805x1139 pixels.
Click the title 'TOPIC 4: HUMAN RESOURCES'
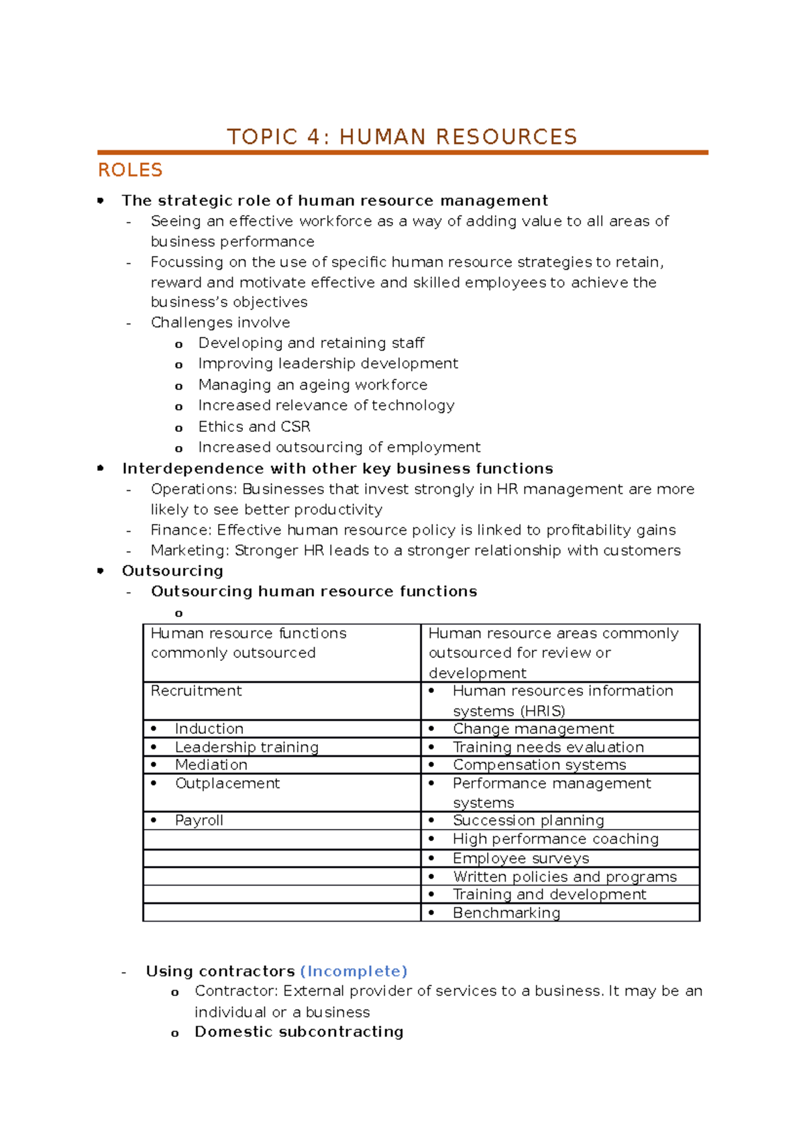click(x=402, y=137)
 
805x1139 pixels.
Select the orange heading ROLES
click(x=130, y=170)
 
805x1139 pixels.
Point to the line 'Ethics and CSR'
click(x=254, y=427)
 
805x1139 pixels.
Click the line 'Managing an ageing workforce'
click(x=313, y=385)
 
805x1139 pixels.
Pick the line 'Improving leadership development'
click(x=328, y=364)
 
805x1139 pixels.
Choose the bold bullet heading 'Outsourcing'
click(x=172, y=571)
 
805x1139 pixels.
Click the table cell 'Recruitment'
click(x=196, y=691)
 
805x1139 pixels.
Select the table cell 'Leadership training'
click(x=246, y=747)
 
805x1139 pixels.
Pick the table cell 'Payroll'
click(x=199, y=820)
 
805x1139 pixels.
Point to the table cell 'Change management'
click(x=533, y=729)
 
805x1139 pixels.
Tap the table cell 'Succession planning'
click(x=528, y=820)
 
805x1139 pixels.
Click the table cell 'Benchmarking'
click(x=506, y=913)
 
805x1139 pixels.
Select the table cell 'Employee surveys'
click(x=521, y=859)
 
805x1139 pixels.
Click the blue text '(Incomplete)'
click(x=354, y=971)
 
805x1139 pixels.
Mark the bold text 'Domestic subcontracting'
click(x=299, y=1032)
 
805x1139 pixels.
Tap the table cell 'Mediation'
click(x=211, y=765)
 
